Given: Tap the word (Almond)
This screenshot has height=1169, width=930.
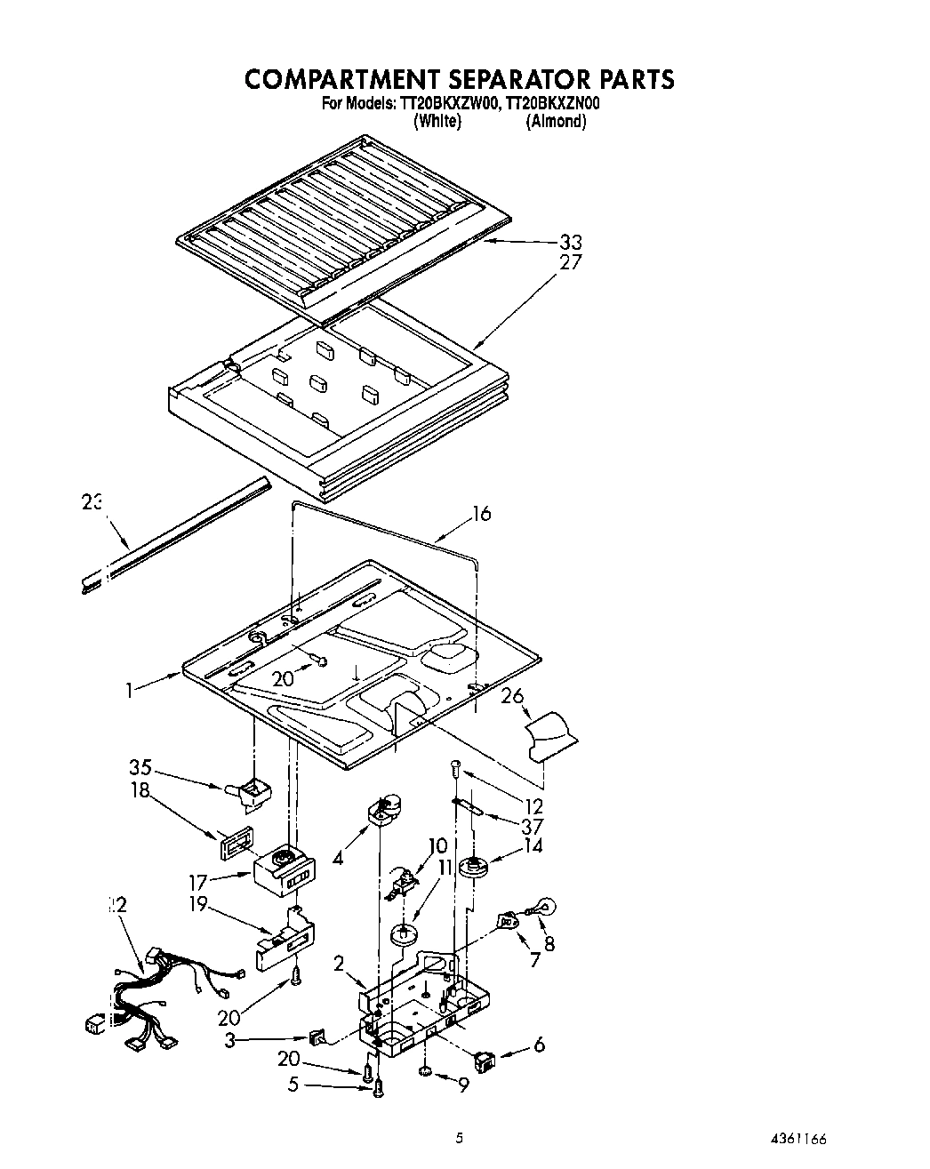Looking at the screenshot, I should point(556,122).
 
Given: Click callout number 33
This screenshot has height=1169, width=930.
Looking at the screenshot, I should point(572,242).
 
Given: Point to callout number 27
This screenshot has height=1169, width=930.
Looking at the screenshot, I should point(572,262).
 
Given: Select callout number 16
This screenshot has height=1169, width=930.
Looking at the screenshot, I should point(481,514).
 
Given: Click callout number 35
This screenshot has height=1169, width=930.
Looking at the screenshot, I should point(140,765).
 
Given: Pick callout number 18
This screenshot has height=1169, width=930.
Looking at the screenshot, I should point(141,789).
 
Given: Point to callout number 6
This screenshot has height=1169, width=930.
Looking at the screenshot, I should point(539,1045).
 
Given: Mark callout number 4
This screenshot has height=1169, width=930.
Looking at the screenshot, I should point(336,859).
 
